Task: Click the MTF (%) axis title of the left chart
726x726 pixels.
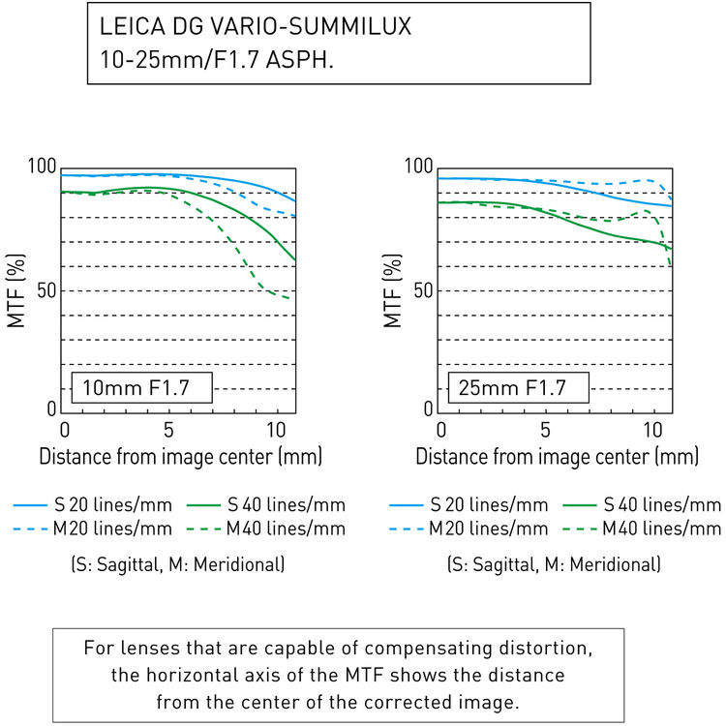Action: pos(18,290)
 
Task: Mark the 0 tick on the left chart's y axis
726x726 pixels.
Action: pos(54,410)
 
